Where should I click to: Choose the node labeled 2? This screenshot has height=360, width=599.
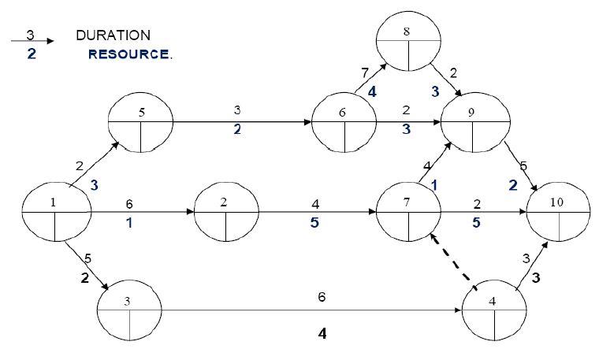coord(225,213)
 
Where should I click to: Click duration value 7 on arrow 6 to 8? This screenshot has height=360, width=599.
coord(364,73)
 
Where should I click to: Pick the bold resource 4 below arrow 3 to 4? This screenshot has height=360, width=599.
coord(322,333)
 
